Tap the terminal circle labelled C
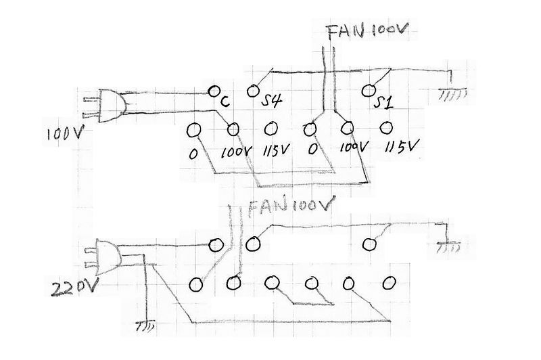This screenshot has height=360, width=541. (214, 91)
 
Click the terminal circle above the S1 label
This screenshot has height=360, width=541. (369, 89)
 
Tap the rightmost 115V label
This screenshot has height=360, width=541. (401, 146)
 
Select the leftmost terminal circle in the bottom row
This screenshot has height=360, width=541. (196, 283)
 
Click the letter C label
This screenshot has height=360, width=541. (224, 102)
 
